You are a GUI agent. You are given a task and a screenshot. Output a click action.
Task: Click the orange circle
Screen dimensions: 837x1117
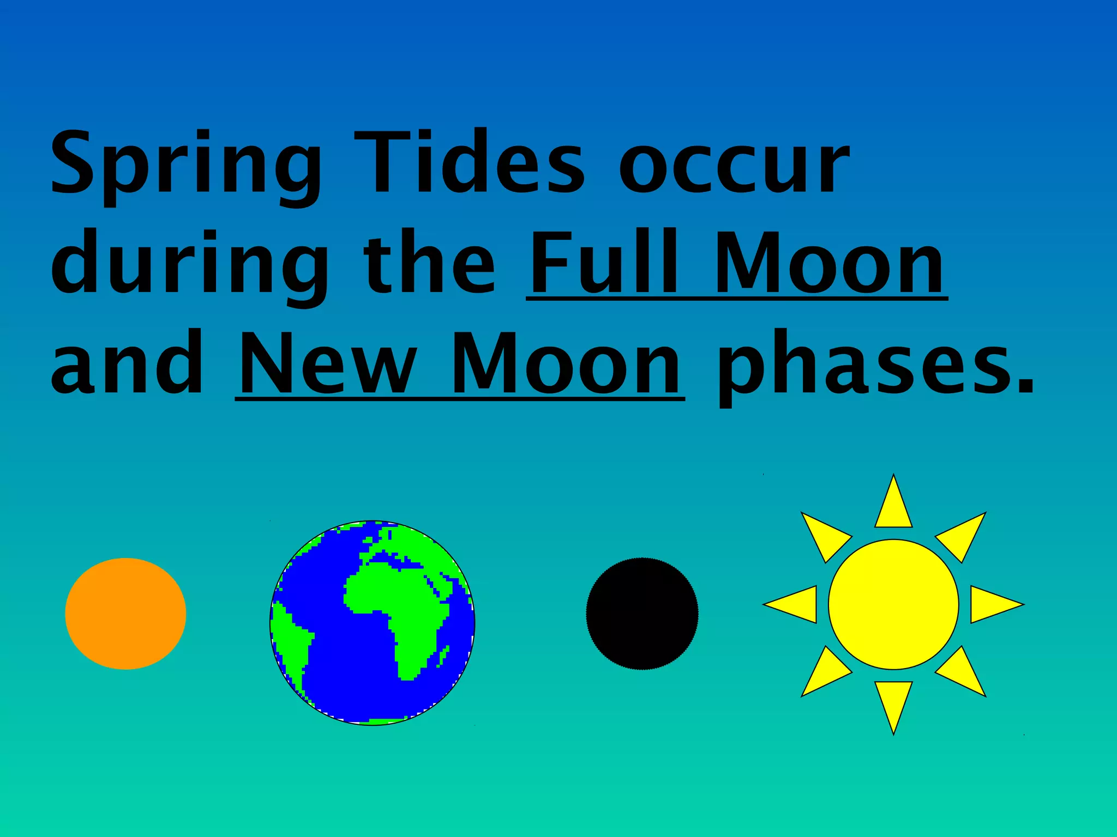(x=125, y=614)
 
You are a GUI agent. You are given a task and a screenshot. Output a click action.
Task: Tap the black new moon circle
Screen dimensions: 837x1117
(x=642, y=614)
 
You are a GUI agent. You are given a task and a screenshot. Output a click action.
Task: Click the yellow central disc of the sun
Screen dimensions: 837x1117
(x=893, y=604)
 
